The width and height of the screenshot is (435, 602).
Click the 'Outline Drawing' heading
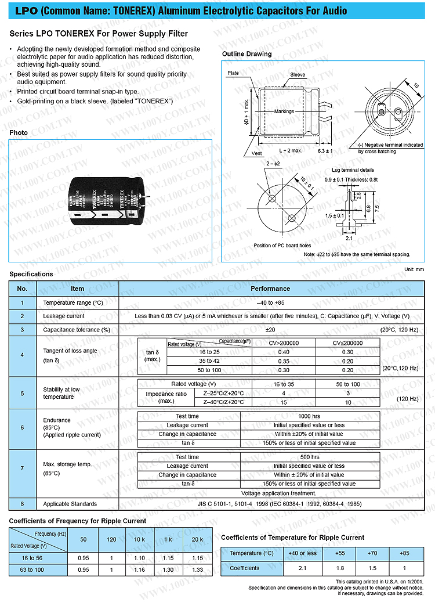click(x=246, y=54)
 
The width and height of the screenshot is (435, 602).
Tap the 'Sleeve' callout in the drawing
click(x=298, y=75)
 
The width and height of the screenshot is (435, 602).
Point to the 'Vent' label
click(x=257, y=153)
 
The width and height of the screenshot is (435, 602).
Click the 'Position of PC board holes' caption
click(x=282, y=246)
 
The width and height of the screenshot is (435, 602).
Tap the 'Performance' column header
click(x=270, y=289)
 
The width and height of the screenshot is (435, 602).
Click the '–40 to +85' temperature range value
click(x=270, y=302)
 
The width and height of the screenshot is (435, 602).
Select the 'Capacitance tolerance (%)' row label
click(x=77, y=330)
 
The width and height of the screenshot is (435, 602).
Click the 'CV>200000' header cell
click(x=284, y=343)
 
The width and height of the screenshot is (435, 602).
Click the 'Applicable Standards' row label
click(x=70, y=504)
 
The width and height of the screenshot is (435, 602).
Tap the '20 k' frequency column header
click(x=198, y=540)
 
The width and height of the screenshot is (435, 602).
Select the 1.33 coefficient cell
click(x=198, y=570)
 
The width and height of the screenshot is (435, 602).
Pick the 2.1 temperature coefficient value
click(x=302, y=568)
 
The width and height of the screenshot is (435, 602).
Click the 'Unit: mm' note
click(x=414, y=269)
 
